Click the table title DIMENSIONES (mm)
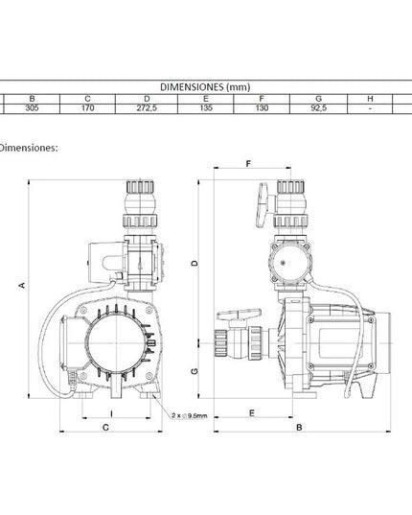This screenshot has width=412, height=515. pyautogui.click(x=205, y=87)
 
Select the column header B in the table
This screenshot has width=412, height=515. pyautogui.click(x=32, y=99)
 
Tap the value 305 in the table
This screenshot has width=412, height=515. pyautogui.click(x=32, y=108)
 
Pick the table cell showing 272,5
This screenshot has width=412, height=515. pyautogui.click(x=147, y=108)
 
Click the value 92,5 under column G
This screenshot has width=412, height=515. pyautogui.click(x=318, y=108)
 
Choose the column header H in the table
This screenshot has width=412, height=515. pyautogui.click(x=370, y=99)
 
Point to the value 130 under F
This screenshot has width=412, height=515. pyautogui.click(x=262, y=108)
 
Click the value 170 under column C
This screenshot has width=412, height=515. pyautogui.click(x=87, y=108)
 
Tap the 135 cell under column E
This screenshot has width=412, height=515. pyautogui.click(x=206, y=108)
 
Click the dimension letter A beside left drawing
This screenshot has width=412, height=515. pyautogui.click(x=22, y=285)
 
